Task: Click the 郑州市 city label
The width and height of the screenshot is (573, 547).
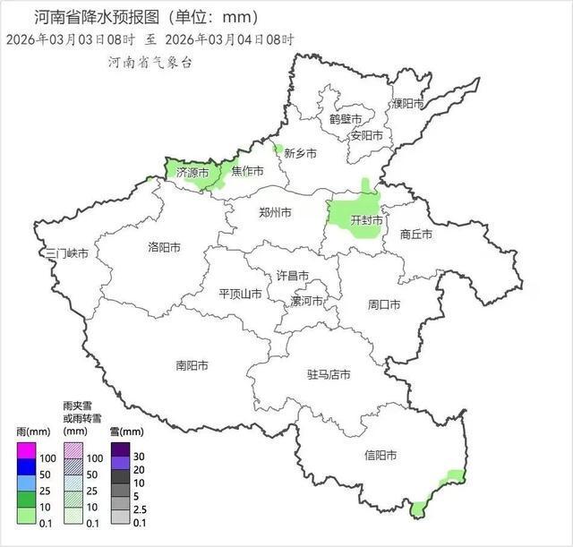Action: pyautogui.click(x=275, y=213)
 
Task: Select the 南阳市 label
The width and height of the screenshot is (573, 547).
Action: pyautogui.click(x=192, y=365)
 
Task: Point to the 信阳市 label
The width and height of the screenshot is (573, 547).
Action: pyautogui.click(x=381, y=455)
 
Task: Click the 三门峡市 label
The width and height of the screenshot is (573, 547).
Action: pyautogui.click(x=68, y=253)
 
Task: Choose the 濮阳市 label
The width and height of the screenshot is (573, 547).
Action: pyautogui.click(x=407, y=104)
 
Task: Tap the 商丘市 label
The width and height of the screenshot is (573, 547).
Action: pyautogui.click(x=416, y=235)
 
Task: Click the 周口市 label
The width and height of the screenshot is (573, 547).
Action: pyautogui.click(x=384, y=304)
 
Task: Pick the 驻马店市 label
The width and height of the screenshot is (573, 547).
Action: pyautogui.click(x=329, y=374)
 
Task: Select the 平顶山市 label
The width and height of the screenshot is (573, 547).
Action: pyautogui.click(x=241, y=294)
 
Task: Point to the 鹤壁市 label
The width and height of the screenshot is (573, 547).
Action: pyautogui.click(x=346, y=119)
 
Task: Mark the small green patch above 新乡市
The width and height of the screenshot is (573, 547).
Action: pyautogui.click(x=278, y=149)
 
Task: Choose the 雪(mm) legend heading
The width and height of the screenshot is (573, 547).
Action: pyautogui.click(x=126, y=432)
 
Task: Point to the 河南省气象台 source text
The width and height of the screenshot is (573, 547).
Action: pyautogui.click(x=150, y=63)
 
